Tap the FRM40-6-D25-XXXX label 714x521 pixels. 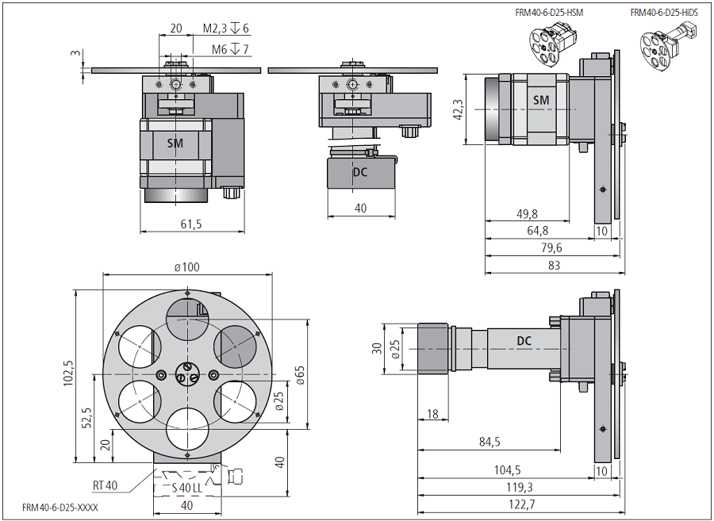(x=60, y=508)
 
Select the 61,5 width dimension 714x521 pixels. (x=190, y=224)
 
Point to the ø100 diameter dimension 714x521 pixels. (x=187, y=266)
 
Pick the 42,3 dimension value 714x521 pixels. (x=458, y=110)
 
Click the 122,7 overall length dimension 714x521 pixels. (x=520, y=504)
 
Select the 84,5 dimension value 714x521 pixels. (x=489, y=441)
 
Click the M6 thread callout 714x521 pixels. (x=231, y=50)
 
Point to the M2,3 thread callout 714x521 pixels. (x=226, y=29)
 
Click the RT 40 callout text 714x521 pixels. (x=105, y=485)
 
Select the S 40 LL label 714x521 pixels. (x=187, y=487)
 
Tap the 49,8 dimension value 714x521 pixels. (x=526, y=214)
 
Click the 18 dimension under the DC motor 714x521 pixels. (x=432, y=414)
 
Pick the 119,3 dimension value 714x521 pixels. (x=520, y=487)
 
